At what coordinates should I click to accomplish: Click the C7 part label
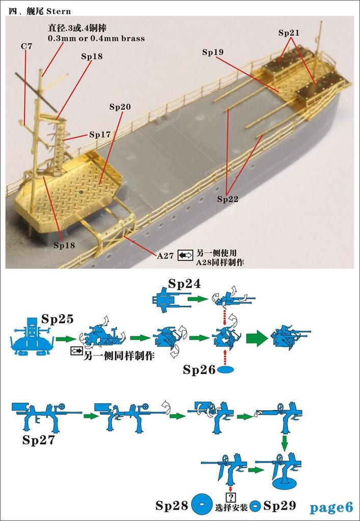point(26,46)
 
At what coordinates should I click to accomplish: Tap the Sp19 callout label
point(213,52)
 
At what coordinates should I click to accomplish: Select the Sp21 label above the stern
point(289,33)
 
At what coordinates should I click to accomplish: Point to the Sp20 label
point(120,107)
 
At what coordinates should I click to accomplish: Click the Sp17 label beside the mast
point(100,135)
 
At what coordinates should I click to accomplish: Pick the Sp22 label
point(228,199)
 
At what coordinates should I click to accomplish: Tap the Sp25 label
point(58,319)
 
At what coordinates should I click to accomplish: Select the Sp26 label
point(199,370)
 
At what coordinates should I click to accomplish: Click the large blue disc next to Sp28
point(202,505)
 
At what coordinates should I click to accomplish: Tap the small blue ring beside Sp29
point(255,506)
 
